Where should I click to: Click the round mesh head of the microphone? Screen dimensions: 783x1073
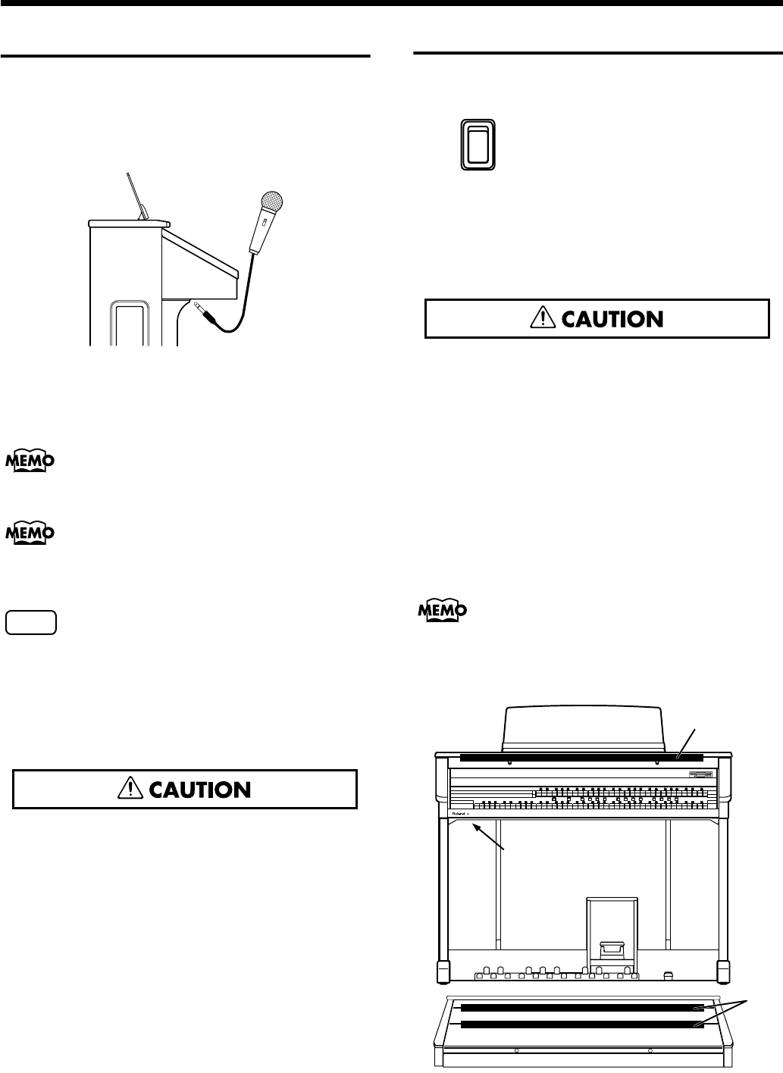271,202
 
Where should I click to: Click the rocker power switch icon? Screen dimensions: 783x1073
478,145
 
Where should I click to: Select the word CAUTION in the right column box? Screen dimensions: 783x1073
613,319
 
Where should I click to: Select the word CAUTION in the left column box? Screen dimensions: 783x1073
201,790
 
